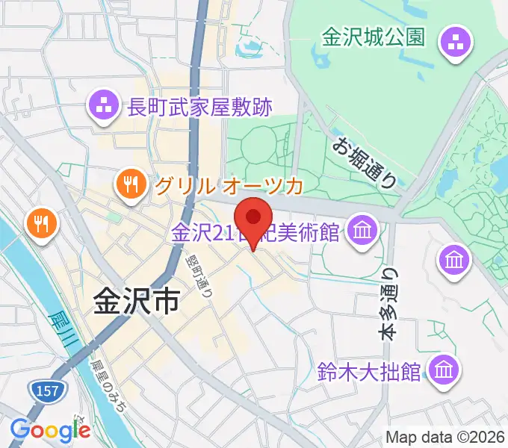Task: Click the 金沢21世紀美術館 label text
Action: point(257,233)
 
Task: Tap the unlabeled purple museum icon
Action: point(455,261)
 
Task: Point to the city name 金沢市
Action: point(136,302)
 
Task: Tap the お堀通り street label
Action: point(365,163)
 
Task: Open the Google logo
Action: point(49,429)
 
